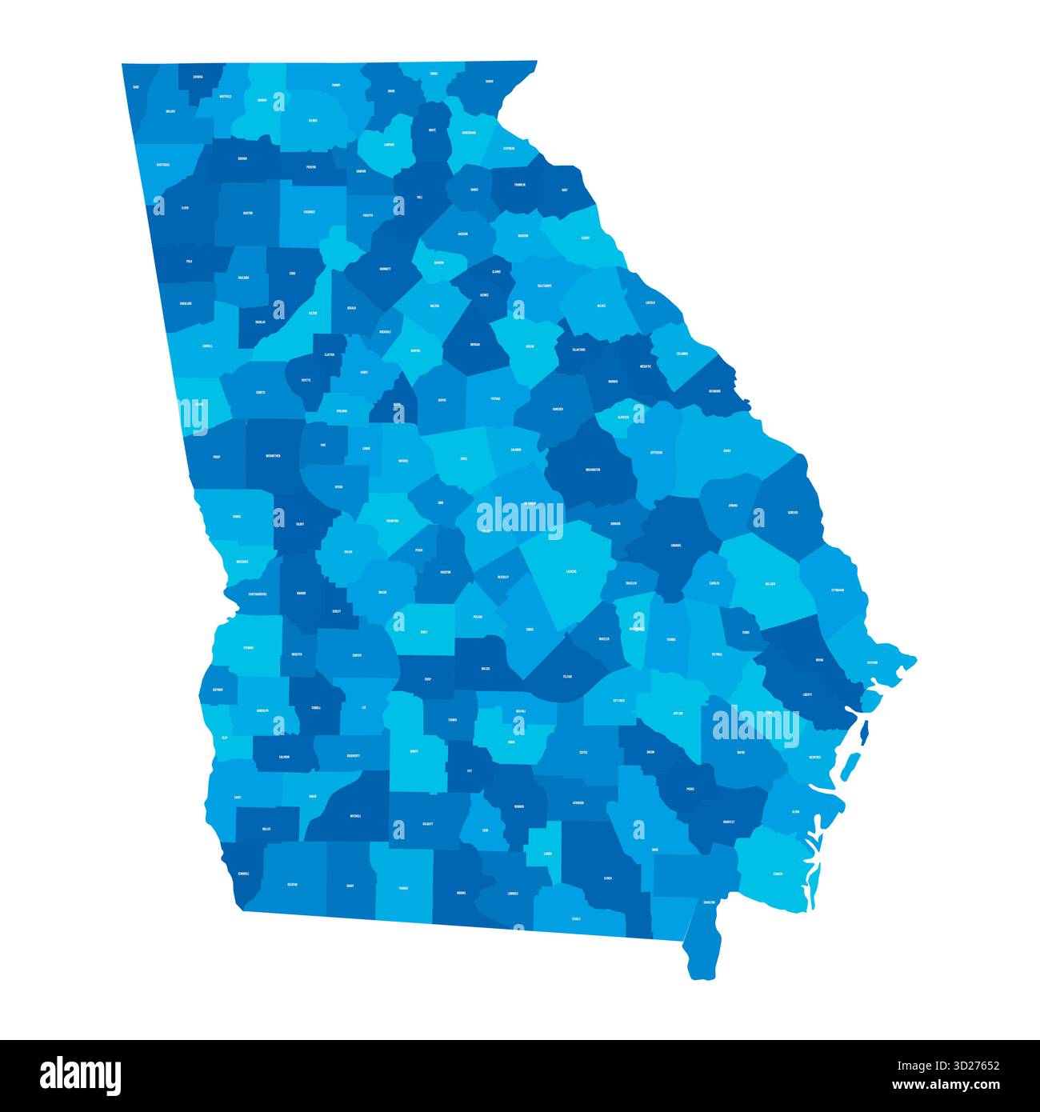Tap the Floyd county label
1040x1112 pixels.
[x=185, y=207]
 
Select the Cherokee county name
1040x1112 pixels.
[x=309, y=212]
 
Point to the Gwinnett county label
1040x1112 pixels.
[x=386, y=270]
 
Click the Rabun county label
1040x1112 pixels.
[x=489, y=81]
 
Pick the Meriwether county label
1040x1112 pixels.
[x=273, y=455]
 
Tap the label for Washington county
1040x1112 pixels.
[x=593, y=470]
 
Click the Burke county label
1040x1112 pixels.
[x=726, y=450]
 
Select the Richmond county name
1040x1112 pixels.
[x=714, y=391]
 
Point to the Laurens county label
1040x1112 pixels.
[x=571, y=572]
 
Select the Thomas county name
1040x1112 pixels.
[x=402, y=887]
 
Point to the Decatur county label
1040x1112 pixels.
[x=292, y=885]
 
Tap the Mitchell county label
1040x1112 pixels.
[x=355, y=816]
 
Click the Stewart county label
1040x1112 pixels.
[x=249, y=647]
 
